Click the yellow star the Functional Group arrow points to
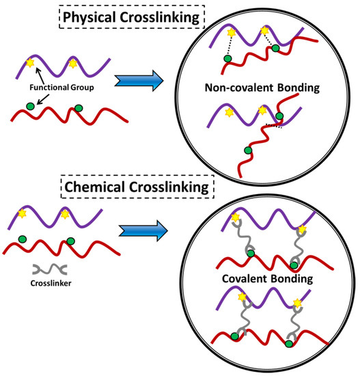(30, 63)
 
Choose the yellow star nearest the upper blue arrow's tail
(72, 66)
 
